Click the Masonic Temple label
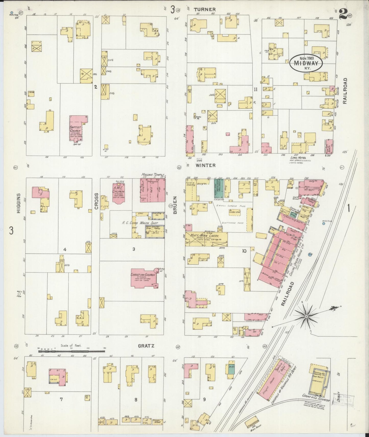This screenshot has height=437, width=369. [x=153, y=175]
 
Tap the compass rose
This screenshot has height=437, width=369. [x=306, y=316]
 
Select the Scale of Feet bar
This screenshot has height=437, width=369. [x=72, y=351]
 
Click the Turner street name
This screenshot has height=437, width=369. [x=205, y=9]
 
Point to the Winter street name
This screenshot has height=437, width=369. [x=206, y=165]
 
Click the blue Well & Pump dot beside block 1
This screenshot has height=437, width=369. [x=323, y=223]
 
